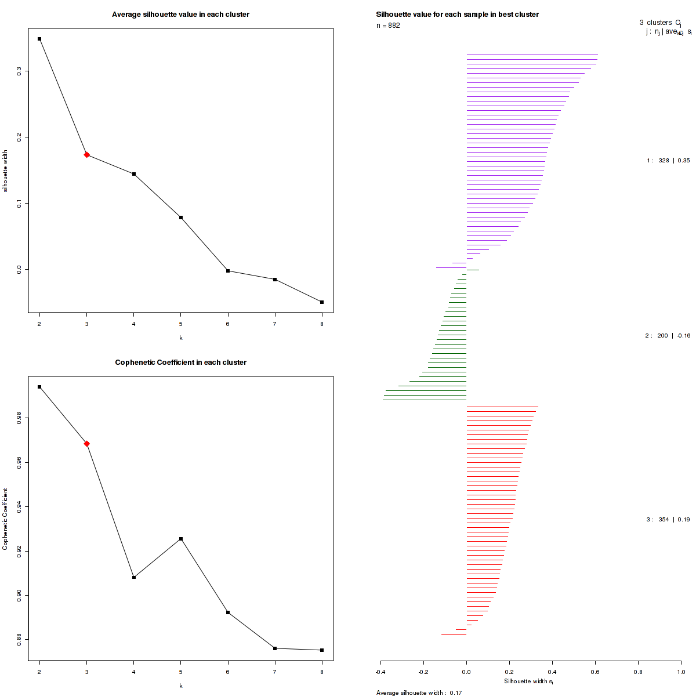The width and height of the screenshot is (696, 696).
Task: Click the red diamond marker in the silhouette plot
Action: click(x=86, y=155)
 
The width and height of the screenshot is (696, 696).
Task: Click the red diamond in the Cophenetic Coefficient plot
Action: click(x=86, y=444)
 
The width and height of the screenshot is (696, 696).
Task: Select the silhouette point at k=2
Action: click(x=39, y=39)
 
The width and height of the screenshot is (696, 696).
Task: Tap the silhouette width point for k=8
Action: click(x=322, y=302)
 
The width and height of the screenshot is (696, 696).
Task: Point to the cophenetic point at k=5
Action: click(x=181, y=539)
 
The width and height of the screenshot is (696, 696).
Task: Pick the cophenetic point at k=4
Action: click(x=134, y=577)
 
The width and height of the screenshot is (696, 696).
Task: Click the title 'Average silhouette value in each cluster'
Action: click(x=180, y=14)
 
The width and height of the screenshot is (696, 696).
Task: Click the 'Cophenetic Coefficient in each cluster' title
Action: click(x=180, y=362)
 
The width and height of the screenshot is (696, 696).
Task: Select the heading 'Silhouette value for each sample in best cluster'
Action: click(x=457, y=14)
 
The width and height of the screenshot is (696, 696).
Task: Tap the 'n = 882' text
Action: click(x=388, y=26)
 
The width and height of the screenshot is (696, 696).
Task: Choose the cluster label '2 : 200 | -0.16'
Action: click(x=668, y=336)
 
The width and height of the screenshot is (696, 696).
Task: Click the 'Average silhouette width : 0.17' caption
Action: click(x=419, y=693)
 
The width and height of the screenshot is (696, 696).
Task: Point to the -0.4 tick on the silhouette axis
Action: click(x=380, y=672)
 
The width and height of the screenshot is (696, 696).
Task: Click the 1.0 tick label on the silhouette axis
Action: click(x=680, y=672)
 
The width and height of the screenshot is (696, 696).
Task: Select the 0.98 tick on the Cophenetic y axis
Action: click(x=20, y=418)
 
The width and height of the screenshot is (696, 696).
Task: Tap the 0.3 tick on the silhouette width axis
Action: click(x=20, y=71)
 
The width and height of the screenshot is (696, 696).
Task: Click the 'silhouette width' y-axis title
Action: click(x=6, y=171)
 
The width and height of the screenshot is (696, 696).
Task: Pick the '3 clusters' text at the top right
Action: click(x=655, y=23)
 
